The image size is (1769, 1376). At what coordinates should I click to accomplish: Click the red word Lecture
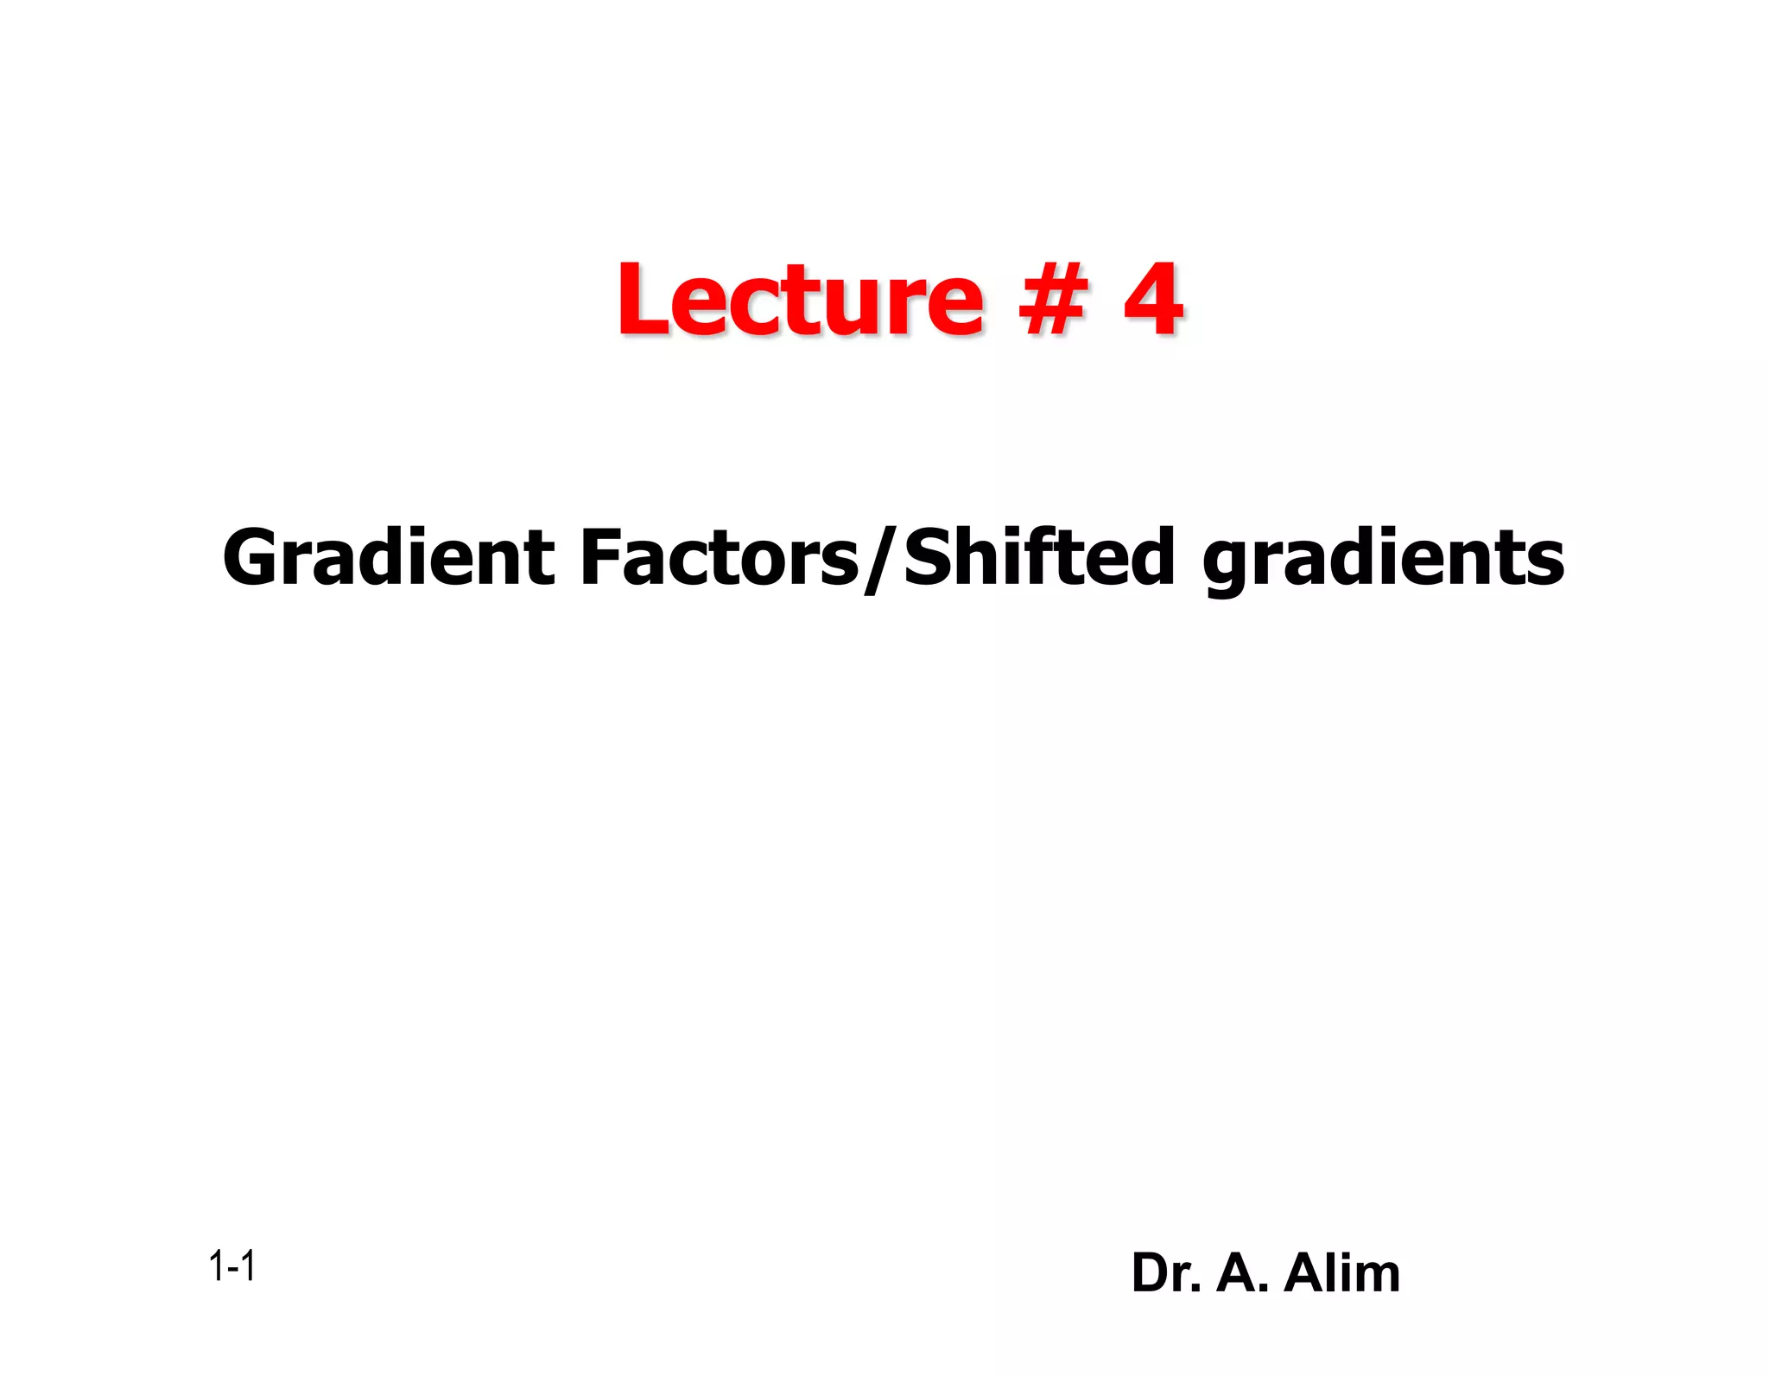point(800,300)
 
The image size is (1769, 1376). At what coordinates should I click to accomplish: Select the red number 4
point(1153,300)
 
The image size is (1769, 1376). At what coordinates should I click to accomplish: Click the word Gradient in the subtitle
point(388,558)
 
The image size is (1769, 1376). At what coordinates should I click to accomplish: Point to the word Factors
point(720,558)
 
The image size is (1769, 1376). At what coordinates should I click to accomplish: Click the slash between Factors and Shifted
point(881,560)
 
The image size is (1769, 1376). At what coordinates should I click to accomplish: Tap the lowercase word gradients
point(1383,560)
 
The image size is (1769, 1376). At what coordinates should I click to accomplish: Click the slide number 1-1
point(231,1267)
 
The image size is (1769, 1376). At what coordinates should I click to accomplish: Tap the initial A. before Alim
point(1242,1273)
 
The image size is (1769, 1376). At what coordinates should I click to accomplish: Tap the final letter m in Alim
point(1379,1277)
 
